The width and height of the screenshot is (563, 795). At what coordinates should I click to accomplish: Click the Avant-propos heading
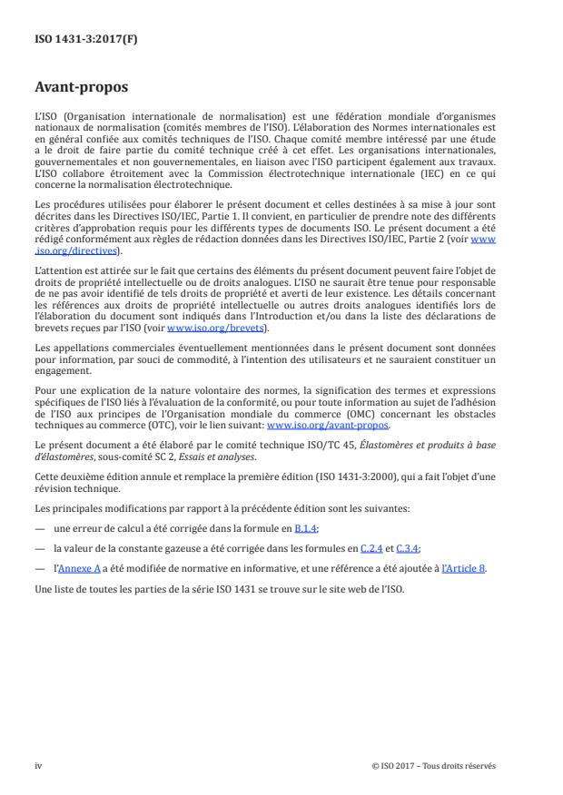pos(82,89)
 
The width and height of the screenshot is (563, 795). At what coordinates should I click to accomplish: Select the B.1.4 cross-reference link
pos(306,527)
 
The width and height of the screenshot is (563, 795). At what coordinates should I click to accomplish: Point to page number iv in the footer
pos(38,765)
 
